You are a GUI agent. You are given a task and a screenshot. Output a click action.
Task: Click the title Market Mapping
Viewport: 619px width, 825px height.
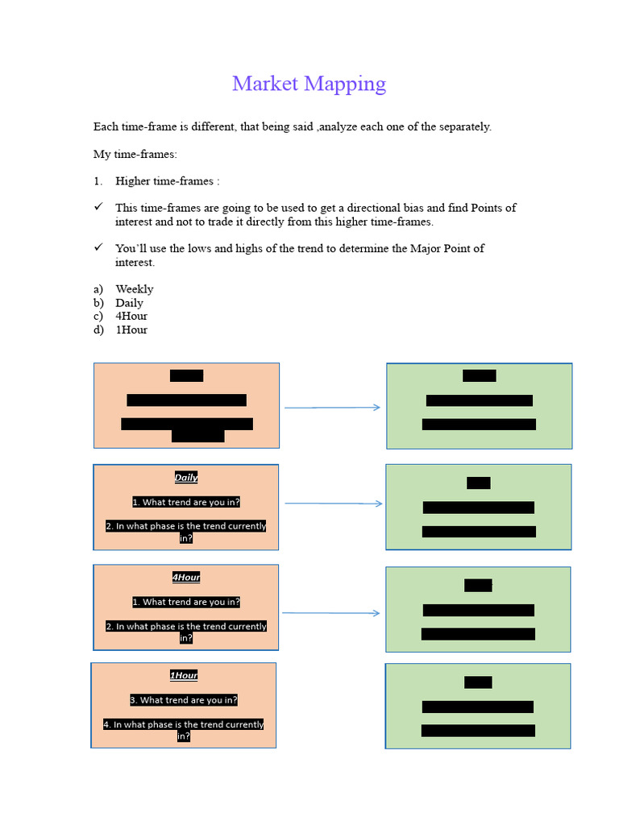pos(309,84)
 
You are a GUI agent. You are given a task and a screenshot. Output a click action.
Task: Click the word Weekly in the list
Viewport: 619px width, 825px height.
pos(134,289)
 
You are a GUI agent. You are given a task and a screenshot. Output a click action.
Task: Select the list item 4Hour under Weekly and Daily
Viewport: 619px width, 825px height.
pos(131,316)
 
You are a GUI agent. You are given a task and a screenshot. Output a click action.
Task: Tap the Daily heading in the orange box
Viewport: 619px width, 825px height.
pos(186,478)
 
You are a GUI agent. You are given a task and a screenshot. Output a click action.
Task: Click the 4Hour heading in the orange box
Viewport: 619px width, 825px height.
pos(186,578)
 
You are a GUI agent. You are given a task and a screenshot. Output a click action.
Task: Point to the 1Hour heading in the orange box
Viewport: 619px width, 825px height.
pos(184,676)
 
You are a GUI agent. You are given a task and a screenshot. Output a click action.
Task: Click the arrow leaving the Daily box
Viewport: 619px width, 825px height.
pos(333,504)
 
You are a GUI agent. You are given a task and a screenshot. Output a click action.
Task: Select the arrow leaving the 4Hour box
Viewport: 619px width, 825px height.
pos(330,613)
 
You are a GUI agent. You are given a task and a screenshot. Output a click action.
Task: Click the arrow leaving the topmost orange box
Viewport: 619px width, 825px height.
pos(332,408)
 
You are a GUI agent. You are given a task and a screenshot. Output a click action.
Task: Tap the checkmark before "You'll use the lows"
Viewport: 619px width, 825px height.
pos(98,248)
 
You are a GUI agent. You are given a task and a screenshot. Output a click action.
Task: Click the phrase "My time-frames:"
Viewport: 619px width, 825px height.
pos(135,154)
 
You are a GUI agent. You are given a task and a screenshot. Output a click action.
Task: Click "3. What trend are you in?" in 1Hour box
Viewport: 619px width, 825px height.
pos(184,700)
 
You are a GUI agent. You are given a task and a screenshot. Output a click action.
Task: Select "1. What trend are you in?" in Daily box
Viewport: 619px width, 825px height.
pos(186,503)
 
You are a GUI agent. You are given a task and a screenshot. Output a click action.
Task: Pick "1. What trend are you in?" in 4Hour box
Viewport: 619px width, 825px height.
pos(186,603)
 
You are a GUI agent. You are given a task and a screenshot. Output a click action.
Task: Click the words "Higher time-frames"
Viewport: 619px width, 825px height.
pos(164,181)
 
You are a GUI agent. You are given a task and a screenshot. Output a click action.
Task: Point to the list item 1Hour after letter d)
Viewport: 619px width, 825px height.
pos(131,330)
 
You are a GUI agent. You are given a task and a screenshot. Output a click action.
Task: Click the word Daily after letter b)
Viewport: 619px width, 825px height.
pos(129,303)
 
